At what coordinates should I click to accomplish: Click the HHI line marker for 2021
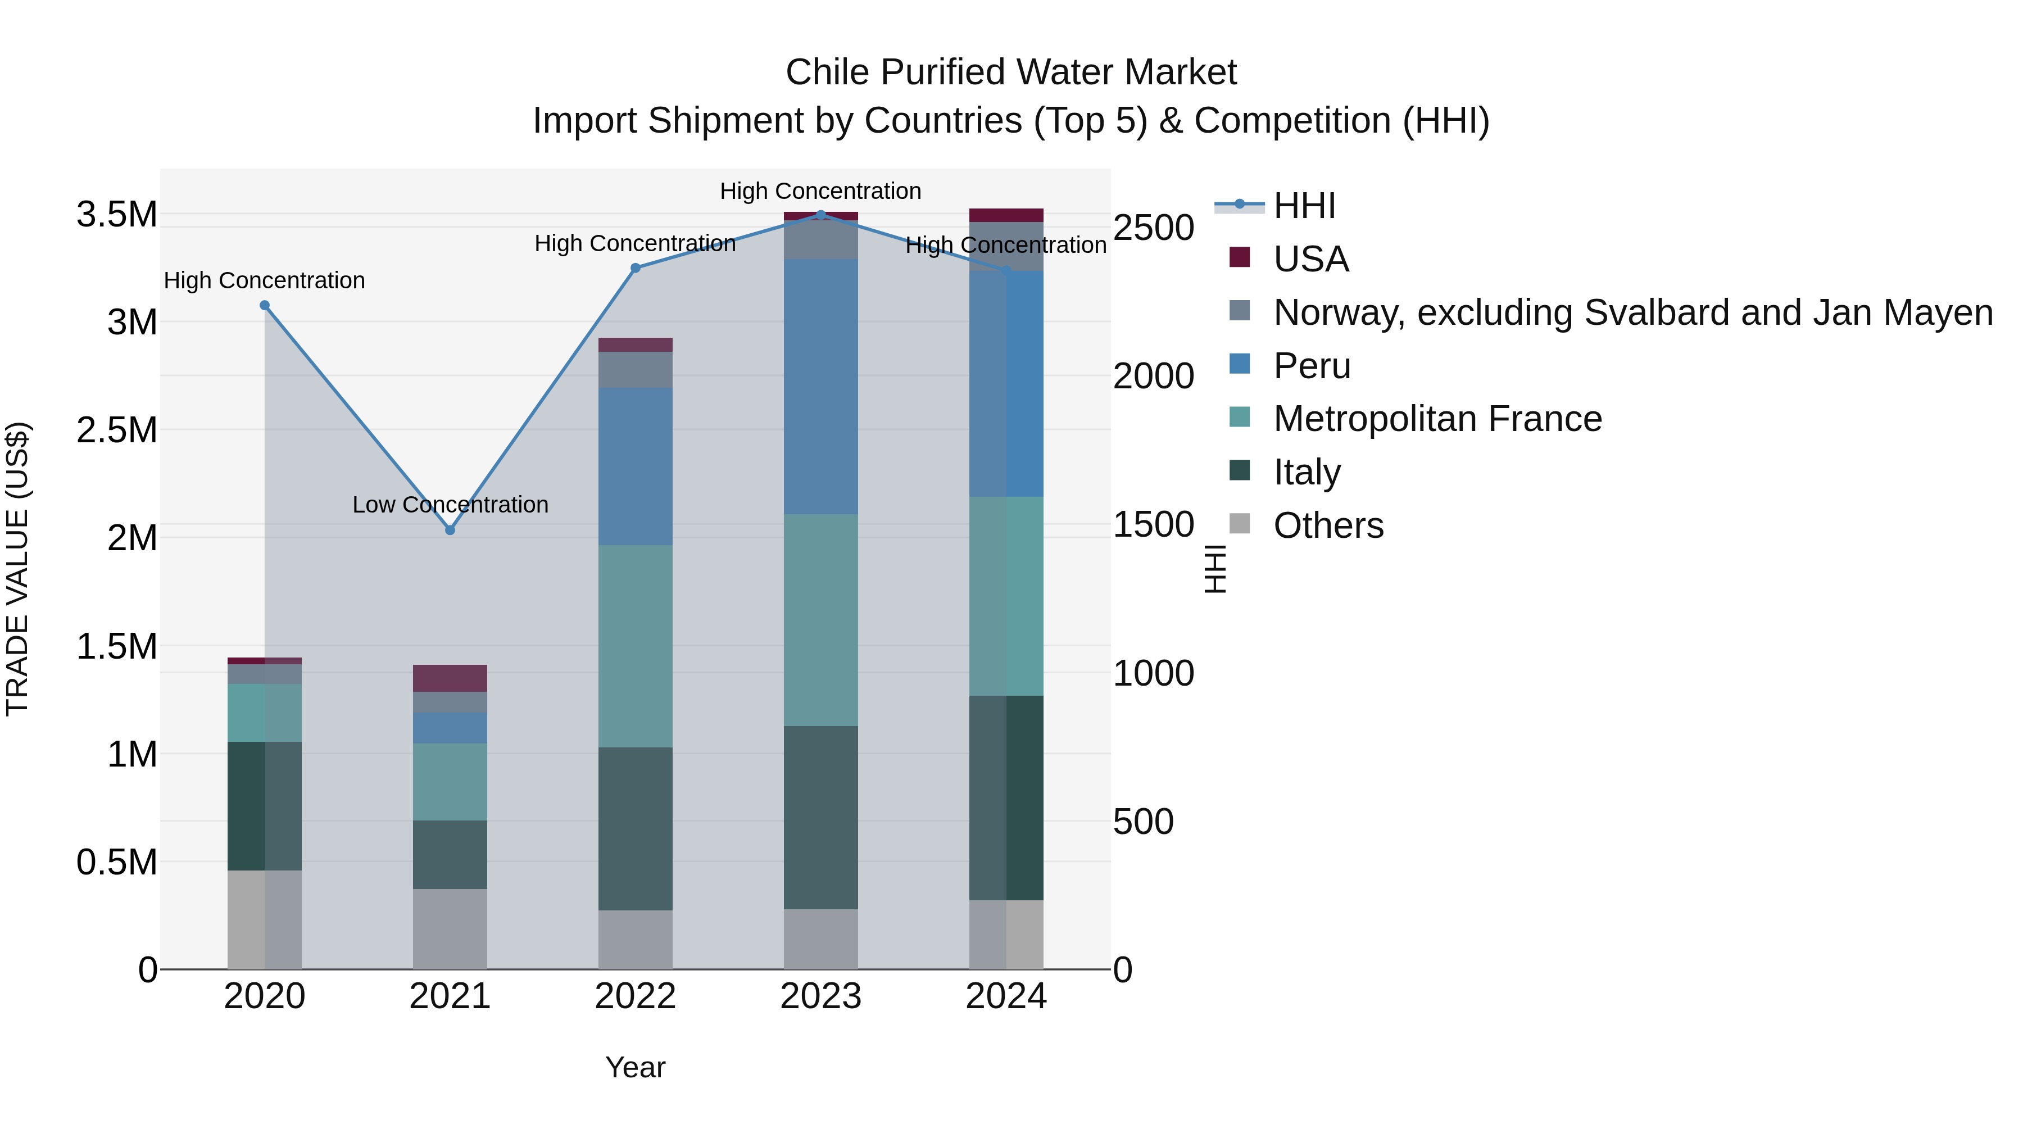pyautogui.click(x=450, y=530)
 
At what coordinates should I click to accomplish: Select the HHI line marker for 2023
pyautogui.click(x=820, y=215)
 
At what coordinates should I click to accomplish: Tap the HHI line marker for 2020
pyautogui.click(x=265, y=306)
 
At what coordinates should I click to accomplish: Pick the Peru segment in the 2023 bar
pyautogui.click(x=820, y=387)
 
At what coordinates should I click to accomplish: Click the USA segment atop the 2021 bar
pyautogui.click(x=450, y=678)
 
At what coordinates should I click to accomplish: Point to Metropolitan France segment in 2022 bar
pyautogui.click(x=636, y=646)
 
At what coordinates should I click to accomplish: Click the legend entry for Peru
pyautogui.click(x=1312, y=366)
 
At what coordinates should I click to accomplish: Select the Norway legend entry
pyautogui.click(x=1632, y=312)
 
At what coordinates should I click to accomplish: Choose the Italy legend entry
pyautogui.click(x=1307, y=472)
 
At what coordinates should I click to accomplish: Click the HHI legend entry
pyautogui.click(x=1304, y=206)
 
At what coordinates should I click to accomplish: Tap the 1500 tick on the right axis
pyautogui.click(x=1153, y=525)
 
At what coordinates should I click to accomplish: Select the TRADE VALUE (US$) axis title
pyautogui.click(x=17, y=569)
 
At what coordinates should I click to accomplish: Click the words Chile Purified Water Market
pyautogui.click(x=1011, y=72)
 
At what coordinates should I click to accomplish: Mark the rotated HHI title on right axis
pyautogui.click(x=1214, y=569)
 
